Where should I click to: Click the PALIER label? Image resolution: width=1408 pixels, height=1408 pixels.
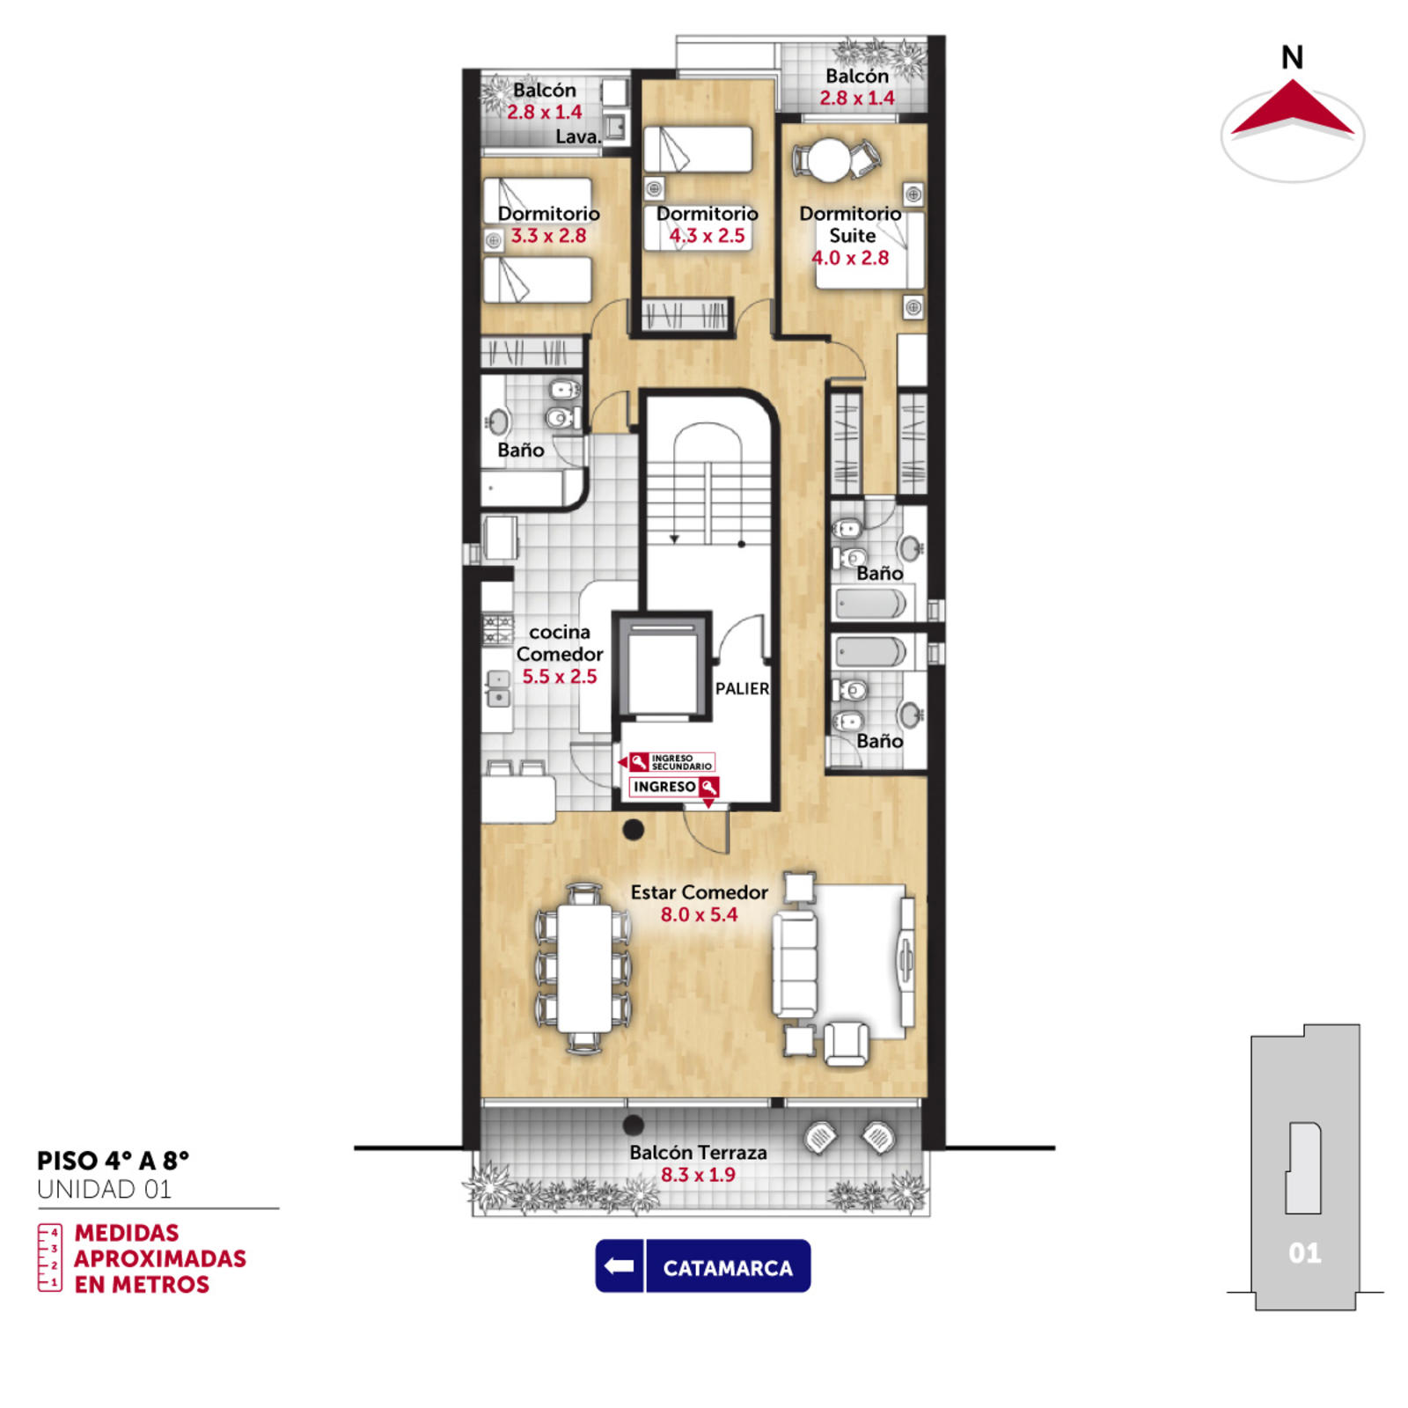point(742,688)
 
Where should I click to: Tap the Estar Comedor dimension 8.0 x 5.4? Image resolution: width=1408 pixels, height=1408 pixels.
point(699,914)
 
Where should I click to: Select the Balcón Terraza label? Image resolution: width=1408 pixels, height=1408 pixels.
point(698,1152)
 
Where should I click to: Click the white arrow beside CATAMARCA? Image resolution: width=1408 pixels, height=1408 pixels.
point(620,1265)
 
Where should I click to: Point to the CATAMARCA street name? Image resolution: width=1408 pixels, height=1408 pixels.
point(728,1268)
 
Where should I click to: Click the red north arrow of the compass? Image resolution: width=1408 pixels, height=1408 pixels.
point(1292,108)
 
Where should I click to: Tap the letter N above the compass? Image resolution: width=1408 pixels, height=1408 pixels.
point(1292,57)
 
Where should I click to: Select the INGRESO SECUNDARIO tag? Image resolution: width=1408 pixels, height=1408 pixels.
point(671,762)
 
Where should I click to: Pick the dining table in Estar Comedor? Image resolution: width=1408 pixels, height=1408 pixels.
point(584,968)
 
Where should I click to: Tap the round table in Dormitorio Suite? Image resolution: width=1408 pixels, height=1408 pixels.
point(830,161)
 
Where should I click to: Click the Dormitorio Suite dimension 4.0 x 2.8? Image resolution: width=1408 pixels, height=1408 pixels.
point(850,258)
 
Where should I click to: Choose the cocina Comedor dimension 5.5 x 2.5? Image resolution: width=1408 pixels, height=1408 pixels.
point(560,677)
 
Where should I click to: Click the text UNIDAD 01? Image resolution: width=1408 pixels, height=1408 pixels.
point(104,1190)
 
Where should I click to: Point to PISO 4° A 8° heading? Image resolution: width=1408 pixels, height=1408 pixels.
point(113,1161)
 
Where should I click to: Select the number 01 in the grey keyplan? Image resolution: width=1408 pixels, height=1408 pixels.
point(1304,1253)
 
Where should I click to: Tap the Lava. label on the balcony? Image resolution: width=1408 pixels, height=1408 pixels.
point(578,136)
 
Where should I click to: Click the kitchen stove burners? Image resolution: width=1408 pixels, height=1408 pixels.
point(497,629)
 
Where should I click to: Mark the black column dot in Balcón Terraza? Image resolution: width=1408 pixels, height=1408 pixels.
point(633,1125)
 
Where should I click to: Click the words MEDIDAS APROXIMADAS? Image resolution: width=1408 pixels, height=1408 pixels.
point(159,1245)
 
